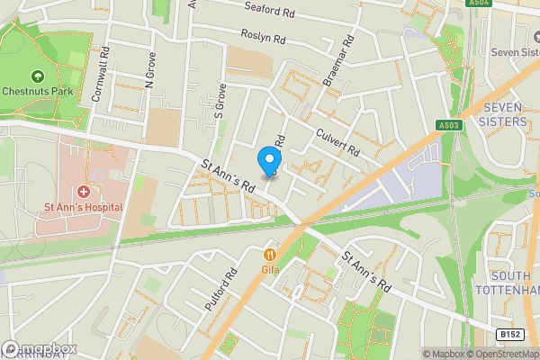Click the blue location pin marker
point(268,160)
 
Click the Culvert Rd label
point(337,139)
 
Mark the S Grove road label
point(218,103)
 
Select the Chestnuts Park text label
point(38,91)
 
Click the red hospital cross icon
point(83,191)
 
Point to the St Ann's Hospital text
point(83,207)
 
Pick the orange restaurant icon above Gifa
point(268,254)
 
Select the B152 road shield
point(511,334)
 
